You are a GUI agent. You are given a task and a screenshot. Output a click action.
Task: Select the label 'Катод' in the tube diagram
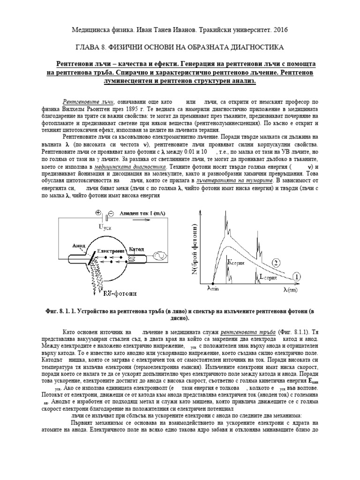click(x=136, y=248)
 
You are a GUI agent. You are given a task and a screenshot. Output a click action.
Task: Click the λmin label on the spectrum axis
click(x=213, y=289)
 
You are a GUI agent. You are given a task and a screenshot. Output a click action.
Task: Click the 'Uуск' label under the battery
click(x=105, y=227)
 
